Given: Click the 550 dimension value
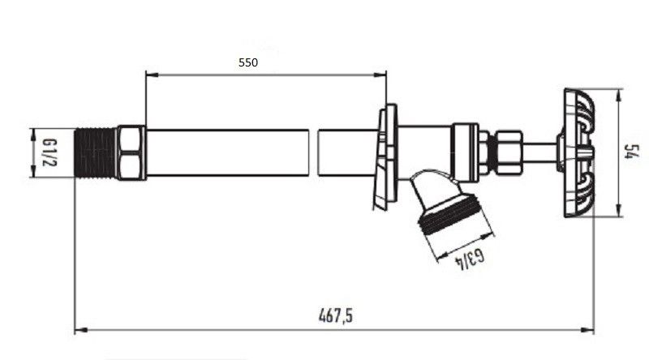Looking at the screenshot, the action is click(248, 62).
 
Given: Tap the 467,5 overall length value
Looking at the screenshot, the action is click(336, 315).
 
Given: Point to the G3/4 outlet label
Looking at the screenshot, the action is click(470, 259).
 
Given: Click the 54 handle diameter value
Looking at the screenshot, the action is click(633, 152).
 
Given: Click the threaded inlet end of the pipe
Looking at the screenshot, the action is click(96, 152).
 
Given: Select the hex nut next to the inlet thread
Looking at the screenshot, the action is click(131, 152).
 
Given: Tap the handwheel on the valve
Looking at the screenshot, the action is click(578, 152).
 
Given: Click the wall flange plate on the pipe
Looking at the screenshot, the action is click(386, 156).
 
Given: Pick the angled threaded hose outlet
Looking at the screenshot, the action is click(449, 202).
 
